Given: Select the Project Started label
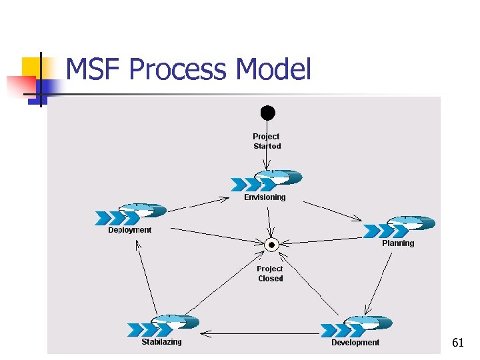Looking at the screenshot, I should (x=267, y=141).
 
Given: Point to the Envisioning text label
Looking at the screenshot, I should (x=265, y=197).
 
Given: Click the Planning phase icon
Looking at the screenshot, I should (x=399, y=227).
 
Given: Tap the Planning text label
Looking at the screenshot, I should (x=398, y=243).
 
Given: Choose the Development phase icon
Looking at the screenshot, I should (x=356, y=326).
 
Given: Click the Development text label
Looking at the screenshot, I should (x=355, y=343).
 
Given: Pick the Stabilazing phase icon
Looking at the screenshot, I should (x=163, y=326).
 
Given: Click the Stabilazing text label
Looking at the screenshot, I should (x=161, y=342).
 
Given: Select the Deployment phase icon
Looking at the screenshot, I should (x=131, y=214).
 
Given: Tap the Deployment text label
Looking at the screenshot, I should (x=130, y=230).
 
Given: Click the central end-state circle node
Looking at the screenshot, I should (x=271, y=245).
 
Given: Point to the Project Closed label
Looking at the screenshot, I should (x=270, y=274).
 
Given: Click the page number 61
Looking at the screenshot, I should (x=458, y=343).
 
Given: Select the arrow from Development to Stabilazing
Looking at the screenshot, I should (x=260, y=332).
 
